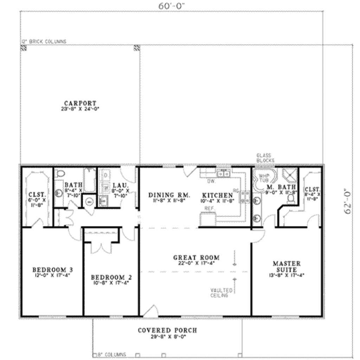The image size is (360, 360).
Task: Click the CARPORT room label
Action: [x=80, y=103]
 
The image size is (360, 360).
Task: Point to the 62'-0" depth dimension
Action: [x=348, y=200]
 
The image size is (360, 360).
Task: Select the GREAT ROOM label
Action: [x=196, y=258]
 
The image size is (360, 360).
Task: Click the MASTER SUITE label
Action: [x=287, y=266]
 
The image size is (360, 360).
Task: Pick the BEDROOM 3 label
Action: [x=53, y=270]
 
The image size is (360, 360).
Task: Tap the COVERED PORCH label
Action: [x=167, y=330]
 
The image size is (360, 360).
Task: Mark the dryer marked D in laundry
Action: [x=105, y=175]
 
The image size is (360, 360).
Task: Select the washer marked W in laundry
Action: [x=105, y=187]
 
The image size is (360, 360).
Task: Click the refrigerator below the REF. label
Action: [x=208, y=220]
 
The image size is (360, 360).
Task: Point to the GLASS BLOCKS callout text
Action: [x=265, y=157]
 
